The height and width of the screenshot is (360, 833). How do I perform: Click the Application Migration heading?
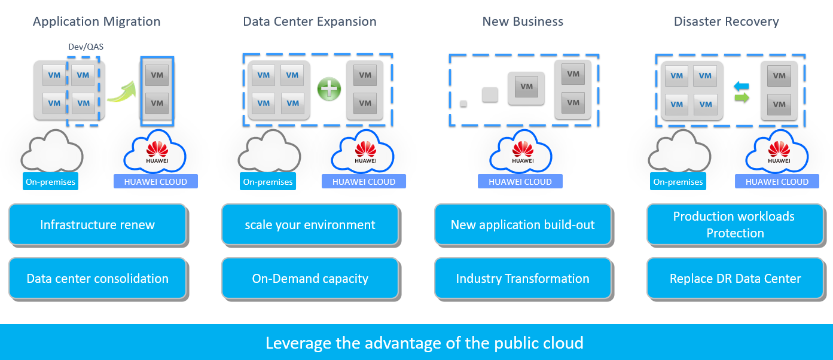(x=97, y=22)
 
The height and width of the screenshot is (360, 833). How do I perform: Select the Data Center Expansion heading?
(x=310, y=22)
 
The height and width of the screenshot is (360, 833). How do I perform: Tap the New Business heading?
(x=523, y=22)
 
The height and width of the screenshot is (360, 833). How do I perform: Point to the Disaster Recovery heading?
(x=726, y=22)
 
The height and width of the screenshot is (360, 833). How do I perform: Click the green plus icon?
(x=329, y=90)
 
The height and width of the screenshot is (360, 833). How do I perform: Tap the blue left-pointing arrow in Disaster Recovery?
(x=742, y=86)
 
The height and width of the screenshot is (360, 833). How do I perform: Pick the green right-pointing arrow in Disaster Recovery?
(x=742, y=97)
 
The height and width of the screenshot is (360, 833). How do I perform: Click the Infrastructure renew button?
(x=97, y=225)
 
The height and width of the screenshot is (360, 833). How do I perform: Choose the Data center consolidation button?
(x=97, y=279)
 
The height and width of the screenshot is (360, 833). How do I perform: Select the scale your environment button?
(x=310, y=225)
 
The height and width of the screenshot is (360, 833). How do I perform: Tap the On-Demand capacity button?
(x=310, y=279)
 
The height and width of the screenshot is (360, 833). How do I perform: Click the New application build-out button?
(x=523, y=225)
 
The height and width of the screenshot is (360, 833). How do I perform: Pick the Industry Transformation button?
(x=523, y=279)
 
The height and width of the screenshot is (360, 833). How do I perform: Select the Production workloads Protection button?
(x=735, y=225)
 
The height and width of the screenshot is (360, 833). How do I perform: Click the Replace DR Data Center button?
(x=735, y=279)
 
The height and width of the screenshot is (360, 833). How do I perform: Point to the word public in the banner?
(x=521, y=343)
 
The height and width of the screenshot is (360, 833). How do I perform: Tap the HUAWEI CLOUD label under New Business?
(x=520, y=182)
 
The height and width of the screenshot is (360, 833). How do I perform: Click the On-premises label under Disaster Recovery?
(x=678, y=182)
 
